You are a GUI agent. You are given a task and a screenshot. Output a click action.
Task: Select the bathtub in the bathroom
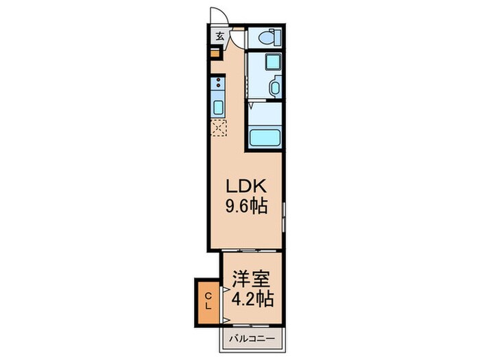[265, 137]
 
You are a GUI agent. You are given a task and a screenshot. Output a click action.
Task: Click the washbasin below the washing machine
[274, 88]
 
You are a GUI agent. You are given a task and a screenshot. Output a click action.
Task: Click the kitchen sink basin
[218, 108]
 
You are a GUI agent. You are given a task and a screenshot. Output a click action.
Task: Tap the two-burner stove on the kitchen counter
[218, 85]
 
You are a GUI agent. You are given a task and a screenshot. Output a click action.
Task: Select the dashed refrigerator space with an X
[219, 128]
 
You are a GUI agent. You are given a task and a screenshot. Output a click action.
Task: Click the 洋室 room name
[251, 280]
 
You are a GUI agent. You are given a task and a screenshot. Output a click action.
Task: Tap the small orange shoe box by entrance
[215, 51]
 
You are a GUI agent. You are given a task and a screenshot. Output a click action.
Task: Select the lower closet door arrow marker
[224, 320]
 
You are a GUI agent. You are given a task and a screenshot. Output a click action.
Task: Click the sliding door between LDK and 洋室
[251, 250]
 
